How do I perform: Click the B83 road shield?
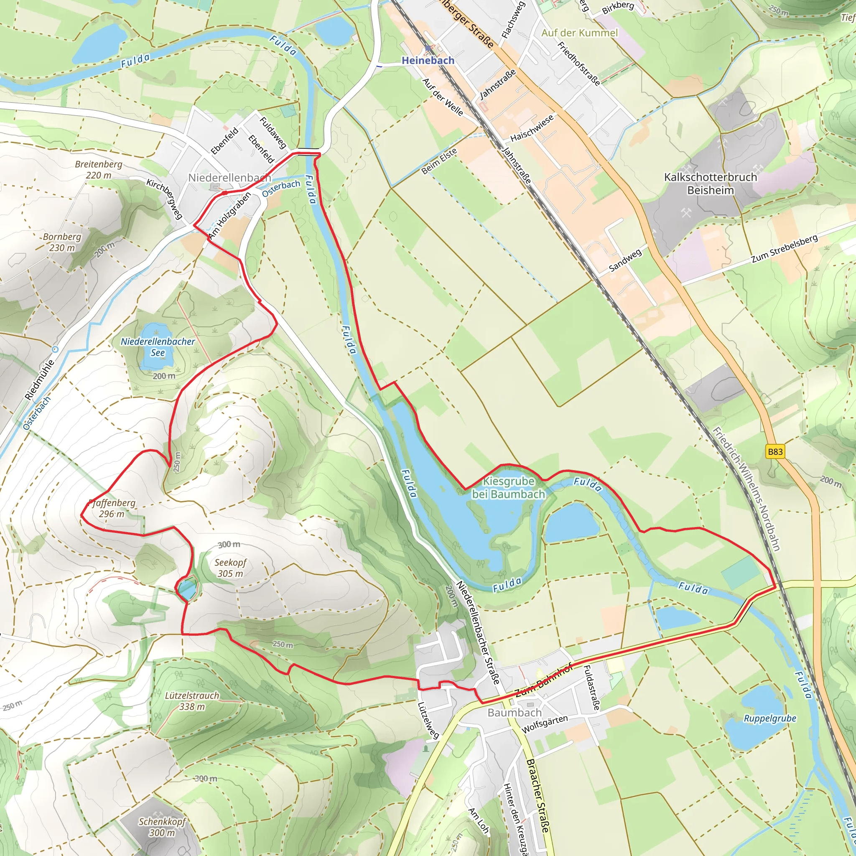pos(775,452)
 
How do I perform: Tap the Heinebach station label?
pos(428,60)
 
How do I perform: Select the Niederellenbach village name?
pos(229,178)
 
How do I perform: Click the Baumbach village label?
pos(515,713)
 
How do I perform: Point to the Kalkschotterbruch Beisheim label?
pos(710,183)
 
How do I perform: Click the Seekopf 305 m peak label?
pos(230,568)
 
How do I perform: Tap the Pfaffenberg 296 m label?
pos(112,508)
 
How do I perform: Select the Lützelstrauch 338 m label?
pos(192,701)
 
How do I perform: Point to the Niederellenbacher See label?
pos(158,347)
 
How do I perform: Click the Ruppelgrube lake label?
pos(769,718)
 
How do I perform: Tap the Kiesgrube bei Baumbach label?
pos(508,487)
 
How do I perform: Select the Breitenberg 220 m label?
pos(98,170)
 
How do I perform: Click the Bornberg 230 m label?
pos(62,242)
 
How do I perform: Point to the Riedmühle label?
pos(40,380)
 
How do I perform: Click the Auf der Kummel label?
pos(579,33)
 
